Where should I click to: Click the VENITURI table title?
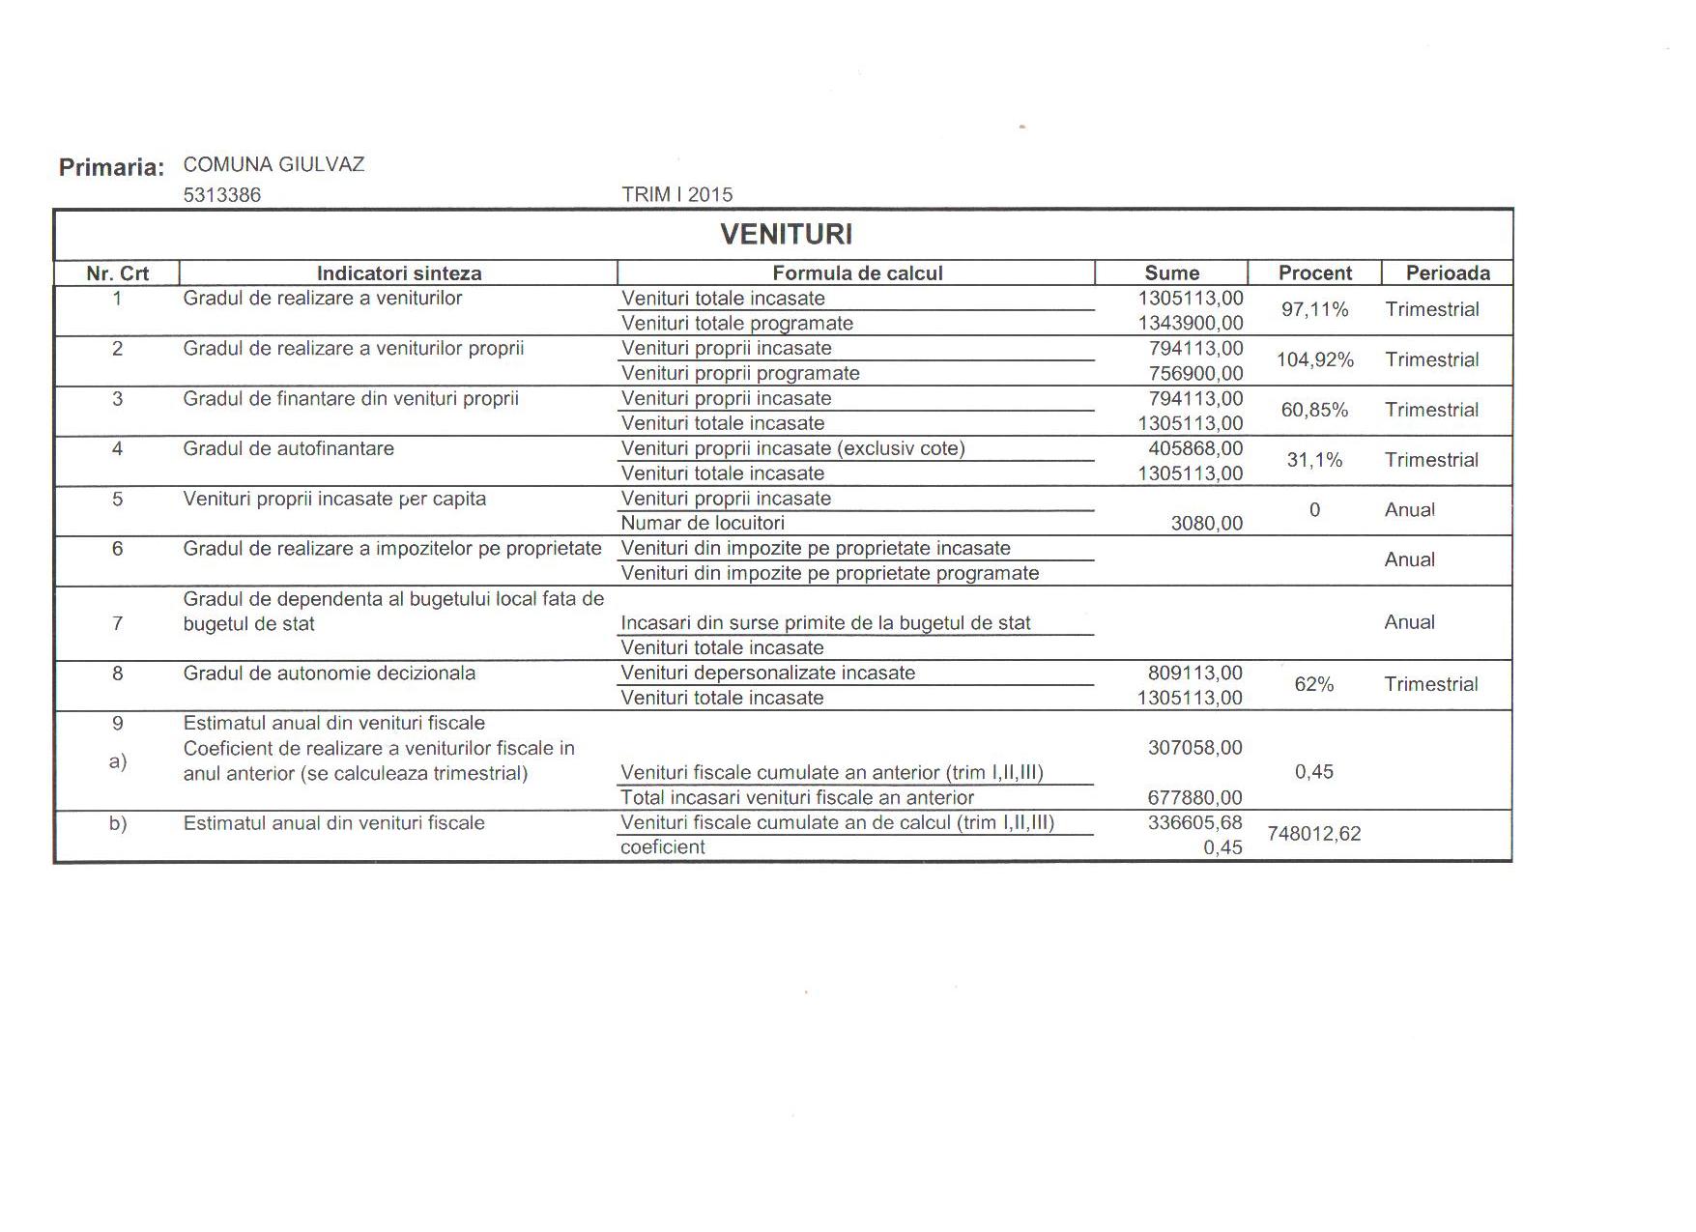tap(786, 234)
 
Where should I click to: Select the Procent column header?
tap(1314, 272)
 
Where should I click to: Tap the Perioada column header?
tap(1447, 272)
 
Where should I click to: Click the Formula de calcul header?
tap(856, 272)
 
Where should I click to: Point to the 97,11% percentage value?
tap(1314, 310)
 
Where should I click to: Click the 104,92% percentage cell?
tap(1314, 360)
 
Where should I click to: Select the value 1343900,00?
tap(1191, 324)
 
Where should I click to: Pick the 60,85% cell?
tap(1314, 411)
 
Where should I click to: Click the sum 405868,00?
tap(1195, 448)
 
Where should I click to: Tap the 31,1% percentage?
tap(1314, 461)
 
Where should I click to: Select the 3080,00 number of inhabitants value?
tap(1206, 524)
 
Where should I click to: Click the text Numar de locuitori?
tap(703, 524)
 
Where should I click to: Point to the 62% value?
tap(1313, 685)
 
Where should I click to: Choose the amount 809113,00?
tap(1195, 673)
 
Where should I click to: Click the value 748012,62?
tap(1313, 834)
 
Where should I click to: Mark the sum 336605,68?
tap(1194, 822)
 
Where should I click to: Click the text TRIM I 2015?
tap(676, 194)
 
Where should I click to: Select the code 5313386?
tap(221, 194)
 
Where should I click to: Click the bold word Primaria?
tap(111, 167)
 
